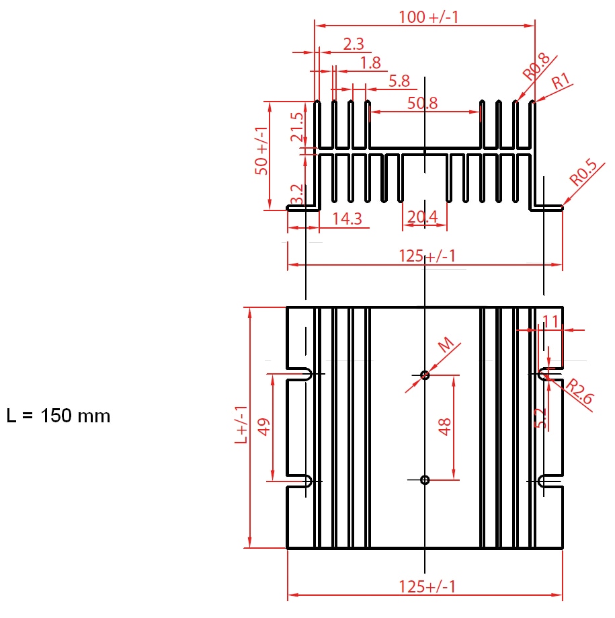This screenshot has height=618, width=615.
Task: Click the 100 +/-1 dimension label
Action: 428,17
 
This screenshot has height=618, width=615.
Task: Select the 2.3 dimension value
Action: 354,44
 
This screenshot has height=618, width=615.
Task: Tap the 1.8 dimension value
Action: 370,63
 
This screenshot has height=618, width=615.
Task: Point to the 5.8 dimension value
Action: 399,81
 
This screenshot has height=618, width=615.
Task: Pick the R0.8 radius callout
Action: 536,67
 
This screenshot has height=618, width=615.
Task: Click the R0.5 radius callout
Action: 583,173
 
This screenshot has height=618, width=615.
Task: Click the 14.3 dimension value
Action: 347,218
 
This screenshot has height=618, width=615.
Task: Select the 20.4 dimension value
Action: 422,217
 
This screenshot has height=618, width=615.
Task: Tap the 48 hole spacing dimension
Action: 444,426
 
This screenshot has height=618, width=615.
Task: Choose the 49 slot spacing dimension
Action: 263,426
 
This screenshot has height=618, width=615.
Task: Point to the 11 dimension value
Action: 550,321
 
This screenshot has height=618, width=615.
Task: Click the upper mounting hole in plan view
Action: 424,375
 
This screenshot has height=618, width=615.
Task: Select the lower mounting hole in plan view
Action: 424,479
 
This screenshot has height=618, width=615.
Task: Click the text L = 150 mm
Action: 58,416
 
